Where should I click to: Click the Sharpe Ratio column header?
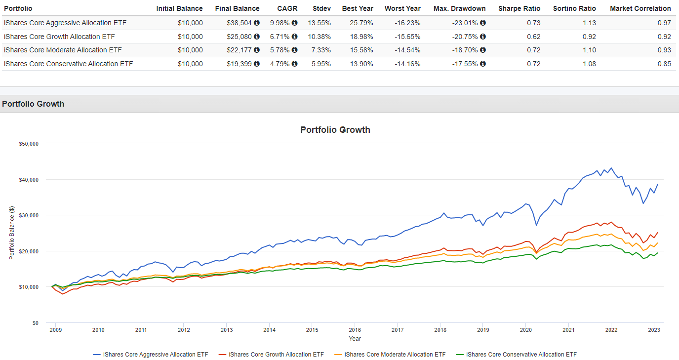[x=519, y=8]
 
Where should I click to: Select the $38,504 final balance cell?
[x=240, y=23]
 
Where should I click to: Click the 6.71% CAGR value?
[x=280, y=37]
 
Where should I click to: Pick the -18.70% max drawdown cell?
[x=466, y=50]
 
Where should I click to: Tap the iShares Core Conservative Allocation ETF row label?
[x=68, y=64]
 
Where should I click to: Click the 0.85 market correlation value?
[x=664, y=64]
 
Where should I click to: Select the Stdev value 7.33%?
[x=321, y=50]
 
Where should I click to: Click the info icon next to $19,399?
[x=257, y=64]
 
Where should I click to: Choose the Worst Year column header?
[x=402, y=8]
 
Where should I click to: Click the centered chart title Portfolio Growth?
[x=335, y=130]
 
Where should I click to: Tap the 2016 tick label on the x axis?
[x=354, y=330]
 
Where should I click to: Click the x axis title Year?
[x=355, y=339]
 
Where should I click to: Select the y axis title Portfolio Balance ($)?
[x=11, y=233]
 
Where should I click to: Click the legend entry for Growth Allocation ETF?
[x=276, y=354]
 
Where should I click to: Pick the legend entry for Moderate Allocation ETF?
[x=395, y=354]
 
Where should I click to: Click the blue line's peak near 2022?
[x=611, y=168]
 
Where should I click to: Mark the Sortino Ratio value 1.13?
[x=589, y=23]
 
